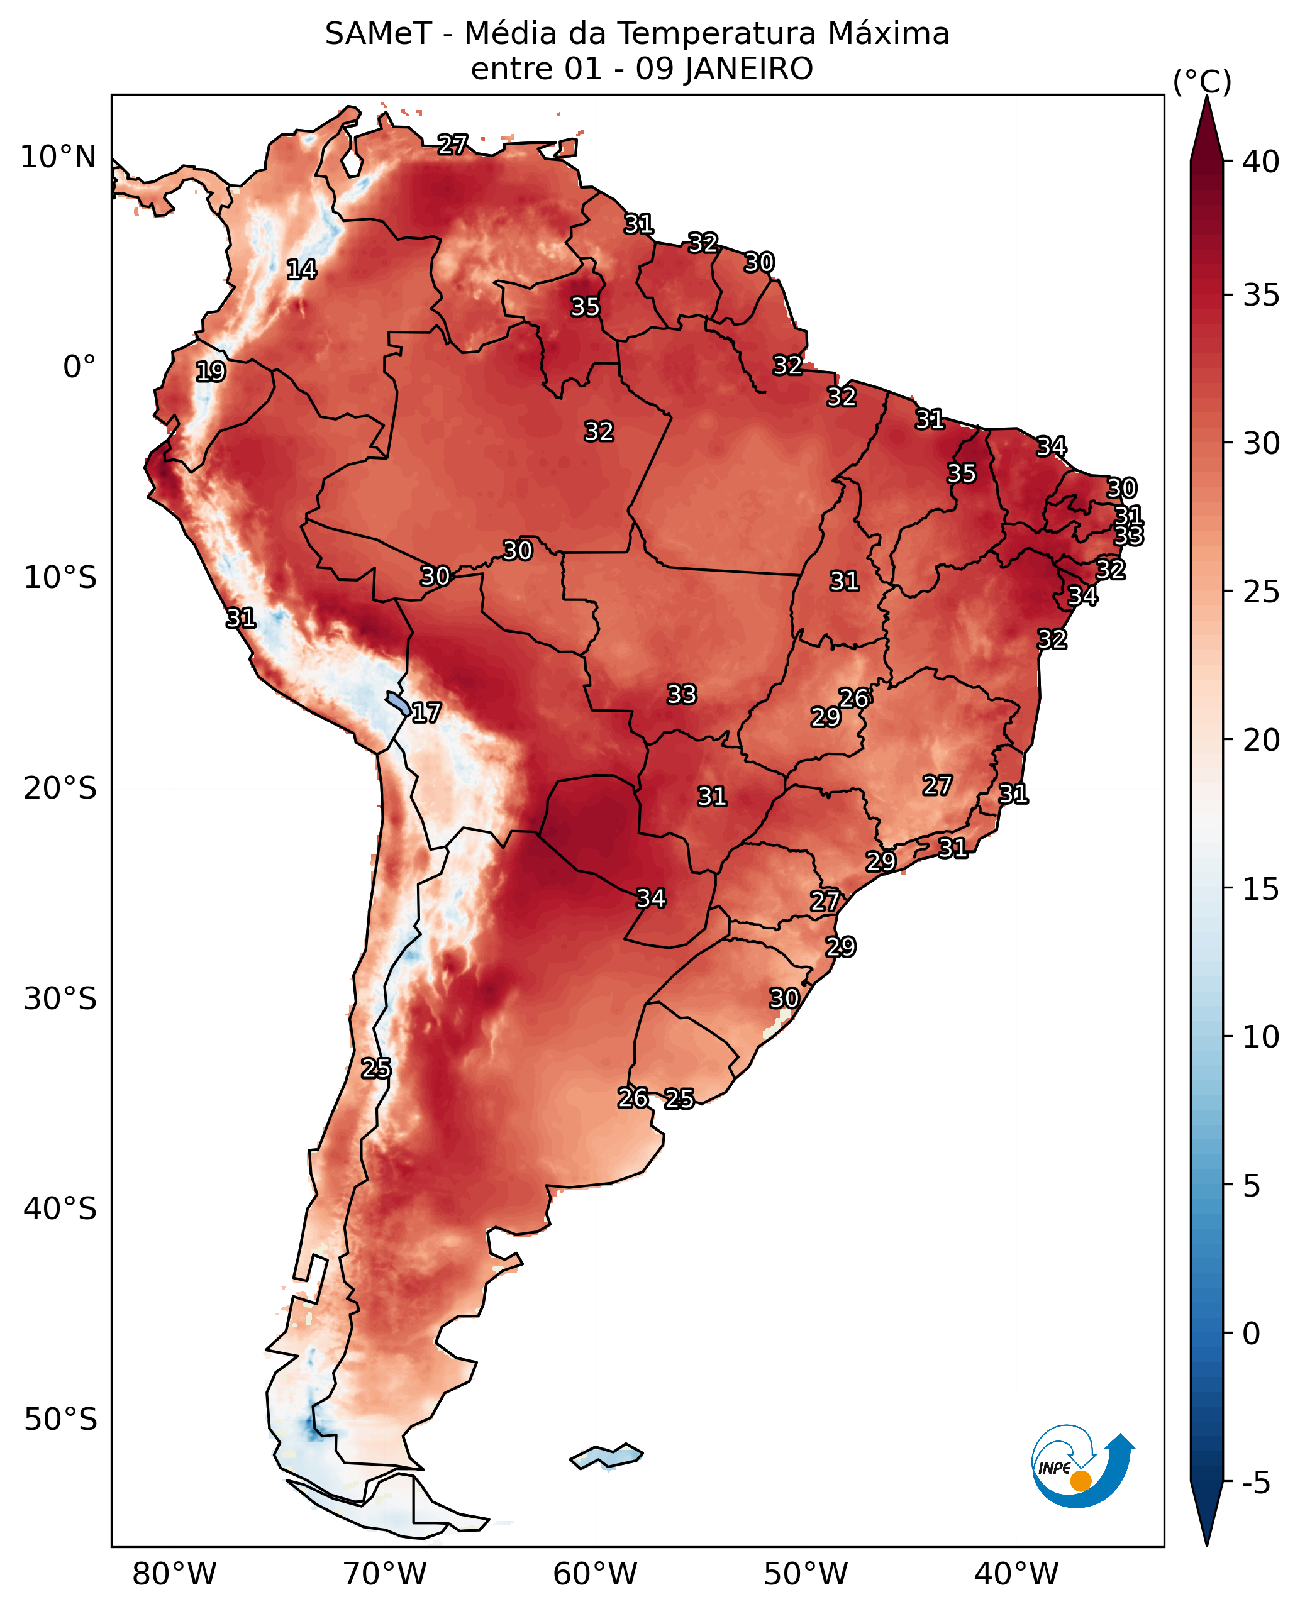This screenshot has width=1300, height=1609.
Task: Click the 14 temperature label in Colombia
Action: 302,270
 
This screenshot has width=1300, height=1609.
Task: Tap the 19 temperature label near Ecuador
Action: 211,372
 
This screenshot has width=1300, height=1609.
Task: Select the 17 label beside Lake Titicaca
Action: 426,713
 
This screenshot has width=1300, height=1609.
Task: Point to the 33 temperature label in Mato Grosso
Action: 682,694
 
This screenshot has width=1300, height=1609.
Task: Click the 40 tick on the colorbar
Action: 1260,162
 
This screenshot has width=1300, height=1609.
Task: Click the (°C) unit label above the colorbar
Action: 1202,82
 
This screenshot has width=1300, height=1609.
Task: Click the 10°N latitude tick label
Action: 58,157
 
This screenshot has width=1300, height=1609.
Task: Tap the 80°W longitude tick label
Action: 174,1574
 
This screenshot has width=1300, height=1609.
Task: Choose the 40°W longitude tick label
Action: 1016,1574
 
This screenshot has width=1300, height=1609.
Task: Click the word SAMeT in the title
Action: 378,35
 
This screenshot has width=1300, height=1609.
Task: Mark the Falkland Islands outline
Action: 606,1456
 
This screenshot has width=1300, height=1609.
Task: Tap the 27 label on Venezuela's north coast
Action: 452,144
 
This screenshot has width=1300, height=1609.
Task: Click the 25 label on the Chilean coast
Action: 376,1068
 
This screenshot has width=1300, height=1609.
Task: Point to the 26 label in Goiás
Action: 853,698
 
